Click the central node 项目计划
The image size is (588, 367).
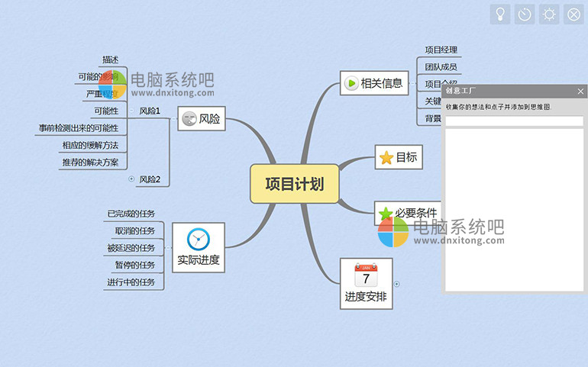click(295, 184)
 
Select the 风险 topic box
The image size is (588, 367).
click(202, 119)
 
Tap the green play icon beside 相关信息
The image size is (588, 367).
click(351, 83)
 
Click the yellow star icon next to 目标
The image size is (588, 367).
click(386, 158)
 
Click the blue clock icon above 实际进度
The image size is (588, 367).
click(198, 239)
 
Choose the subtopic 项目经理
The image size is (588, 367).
click(441, 50)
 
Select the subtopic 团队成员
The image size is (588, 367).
click(441, 67)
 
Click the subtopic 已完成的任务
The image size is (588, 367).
click(131, 214)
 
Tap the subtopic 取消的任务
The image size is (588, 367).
click(135, 230)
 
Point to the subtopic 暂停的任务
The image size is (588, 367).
click(135, 265)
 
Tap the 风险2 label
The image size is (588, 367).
click(150, 179)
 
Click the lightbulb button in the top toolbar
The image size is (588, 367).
click(499, 14)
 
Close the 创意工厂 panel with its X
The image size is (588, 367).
click(580, 92)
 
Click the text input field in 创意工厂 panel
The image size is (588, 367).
click(514, 121)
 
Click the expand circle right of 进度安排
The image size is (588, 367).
click(396, 284)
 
